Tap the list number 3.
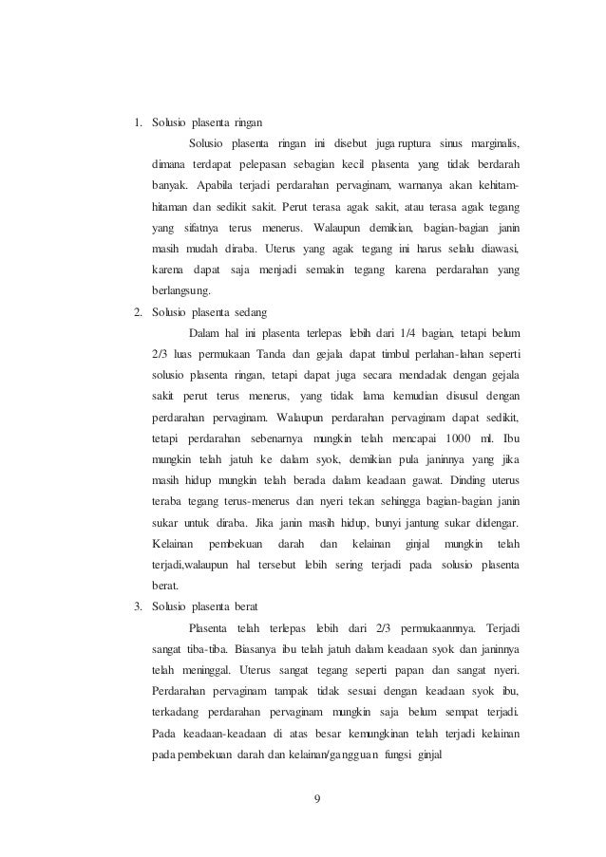point(137,605)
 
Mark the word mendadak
point(393,374)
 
